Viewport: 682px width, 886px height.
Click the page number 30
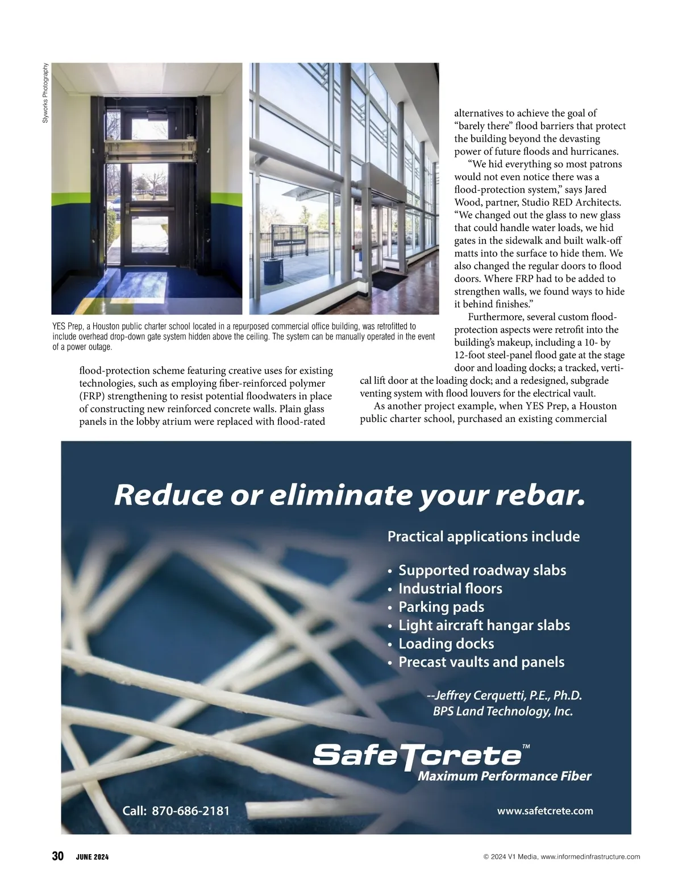click(x=57, y=856)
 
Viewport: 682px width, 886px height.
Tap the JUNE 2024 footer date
click(x=92, y=857)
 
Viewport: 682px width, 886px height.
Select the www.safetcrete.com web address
click(x=544, y=810)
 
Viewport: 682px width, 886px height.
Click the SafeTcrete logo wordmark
click(x=417, y=755)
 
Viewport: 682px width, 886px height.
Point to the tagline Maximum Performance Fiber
click(x=504, y=776)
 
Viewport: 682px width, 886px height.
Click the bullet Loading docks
click(x=446, y=644)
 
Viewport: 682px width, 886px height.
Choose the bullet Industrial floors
click(x=450, y=589)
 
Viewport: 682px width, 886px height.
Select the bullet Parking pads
click(x=441, y=607)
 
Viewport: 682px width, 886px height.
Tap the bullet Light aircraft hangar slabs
click(x=484, y=626)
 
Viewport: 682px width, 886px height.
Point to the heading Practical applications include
click(x=483, y=536)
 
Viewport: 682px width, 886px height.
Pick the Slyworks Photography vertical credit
click(x=45, y=93)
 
